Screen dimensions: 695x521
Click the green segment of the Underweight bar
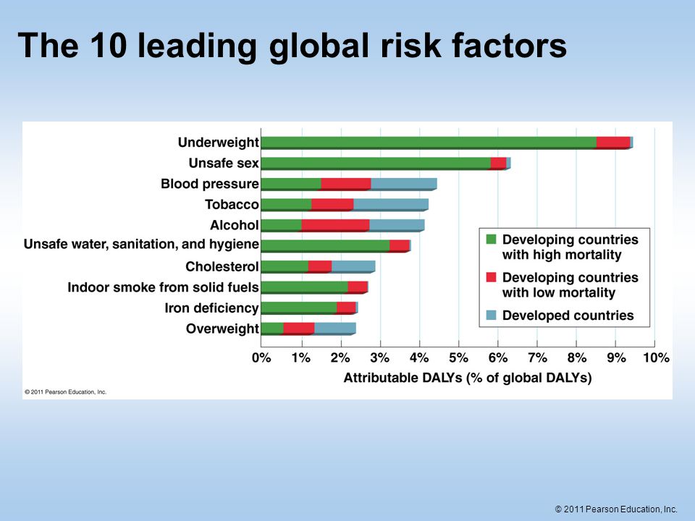[429, 143]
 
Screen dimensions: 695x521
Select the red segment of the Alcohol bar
[335, 226]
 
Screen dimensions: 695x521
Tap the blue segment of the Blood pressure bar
[404, 184]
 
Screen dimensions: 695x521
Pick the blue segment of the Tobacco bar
[391, 205]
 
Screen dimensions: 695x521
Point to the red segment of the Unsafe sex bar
[499, 164]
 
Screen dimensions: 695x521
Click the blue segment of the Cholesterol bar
[353, 267]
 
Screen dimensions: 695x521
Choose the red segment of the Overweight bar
[299, 329]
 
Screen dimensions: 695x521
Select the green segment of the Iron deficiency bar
[299, 308]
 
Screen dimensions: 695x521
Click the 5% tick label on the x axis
[458, 357]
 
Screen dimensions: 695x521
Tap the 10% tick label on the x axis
[656, 357]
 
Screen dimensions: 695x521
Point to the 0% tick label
[261, 357]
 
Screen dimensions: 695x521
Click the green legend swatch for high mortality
[491, 240]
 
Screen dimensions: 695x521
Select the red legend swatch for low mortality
[491, 277]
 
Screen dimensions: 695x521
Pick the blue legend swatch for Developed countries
[491, 315]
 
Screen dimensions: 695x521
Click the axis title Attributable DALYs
[468, 378]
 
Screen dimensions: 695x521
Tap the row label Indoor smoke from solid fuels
[163, 287]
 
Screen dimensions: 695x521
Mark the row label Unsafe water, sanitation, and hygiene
[141, 245]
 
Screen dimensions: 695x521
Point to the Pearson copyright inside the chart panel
[66, 392]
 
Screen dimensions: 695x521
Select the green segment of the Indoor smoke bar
[305, 287]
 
